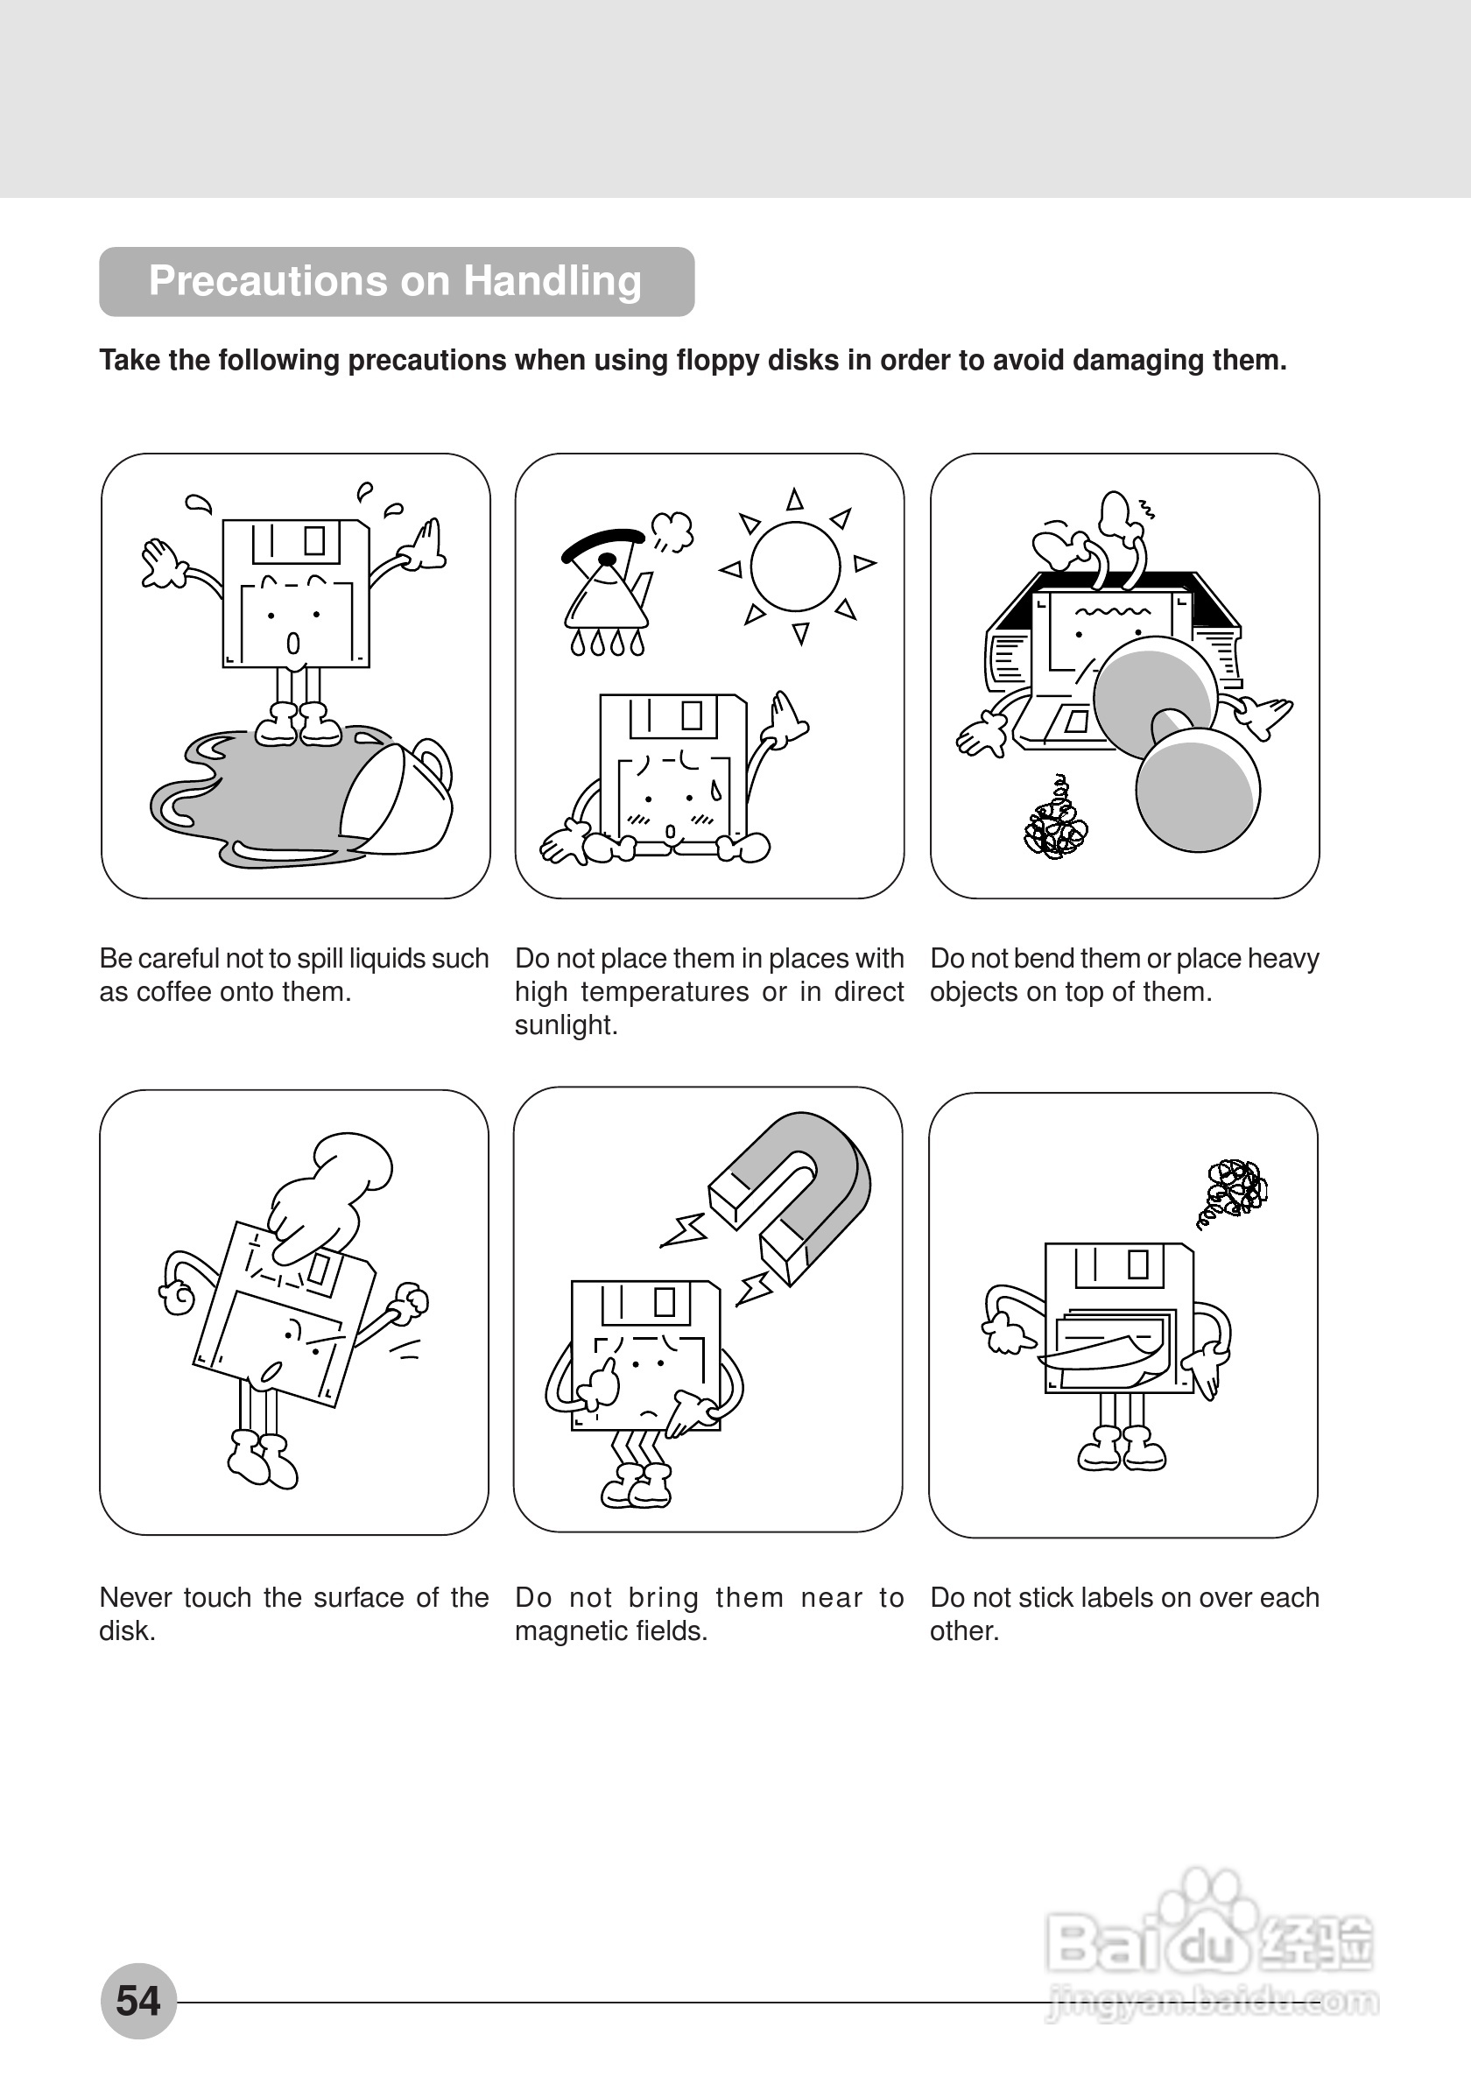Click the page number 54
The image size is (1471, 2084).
point(138,2001)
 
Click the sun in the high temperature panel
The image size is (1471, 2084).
point(796,566)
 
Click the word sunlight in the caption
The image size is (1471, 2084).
point(565,1025)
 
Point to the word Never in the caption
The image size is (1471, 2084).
point(135,1597)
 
